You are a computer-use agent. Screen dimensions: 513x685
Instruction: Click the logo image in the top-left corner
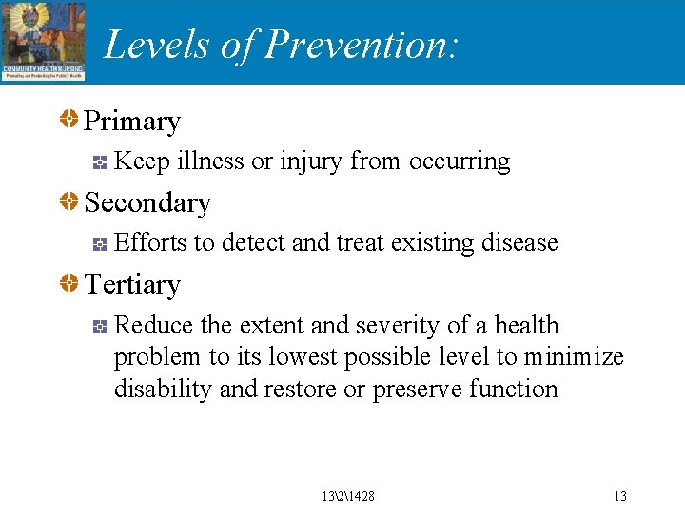(x=44, y=41)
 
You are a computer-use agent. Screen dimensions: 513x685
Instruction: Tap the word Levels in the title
(x=157, y=45)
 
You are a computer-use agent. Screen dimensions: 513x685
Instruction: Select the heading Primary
(x=132, y=122)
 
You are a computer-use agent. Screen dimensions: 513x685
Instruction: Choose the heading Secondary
(x=147, y=203)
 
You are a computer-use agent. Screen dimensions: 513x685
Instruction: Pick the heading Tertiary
(x=132, y=285)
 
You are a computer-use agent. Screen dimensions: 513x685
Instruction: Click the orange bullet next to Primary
(x=69, y=121)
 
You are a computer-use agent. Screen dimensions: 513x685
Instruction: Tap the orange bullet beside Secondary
(x=69, y=202)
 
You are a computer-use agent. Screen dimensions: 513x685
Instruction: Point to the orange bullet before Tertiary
(x=69, y=284)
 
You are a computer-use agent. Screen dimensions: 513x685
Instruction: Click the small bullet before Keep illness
(x=99, y=163)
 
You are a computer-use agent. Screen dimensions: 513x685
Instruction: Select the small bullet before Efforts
(x=99, y=245)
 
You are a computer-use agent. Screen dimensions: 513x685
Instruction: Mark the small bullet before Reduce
(x=99, y=327)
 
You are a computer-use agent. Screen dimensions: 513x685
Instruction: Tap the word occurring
(x=460, y=162)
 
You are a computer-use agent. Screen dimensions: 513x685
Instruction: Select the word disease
(x=519, y=243)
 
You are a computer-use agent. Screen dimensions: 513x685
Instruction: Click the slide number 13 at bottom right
(x=620, y=496)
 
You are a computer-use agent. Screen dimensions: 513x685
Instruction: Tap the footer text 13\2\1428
(x=348, y=496)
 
